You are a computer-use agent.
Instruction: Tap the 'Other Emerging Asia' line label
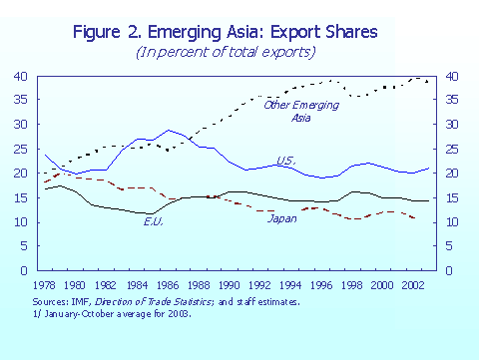[287, 111]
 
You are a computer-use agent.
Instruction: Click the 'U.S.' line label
[284, 162]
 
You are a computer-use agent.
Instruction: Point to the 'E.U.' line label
[153, 220]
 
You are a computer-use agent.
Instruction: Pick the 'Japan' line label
[283, 217]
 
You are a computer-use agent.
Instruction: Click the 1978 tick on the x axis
[45, 284]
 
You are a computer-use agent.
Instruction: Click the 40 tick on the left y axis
[20, 76]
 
